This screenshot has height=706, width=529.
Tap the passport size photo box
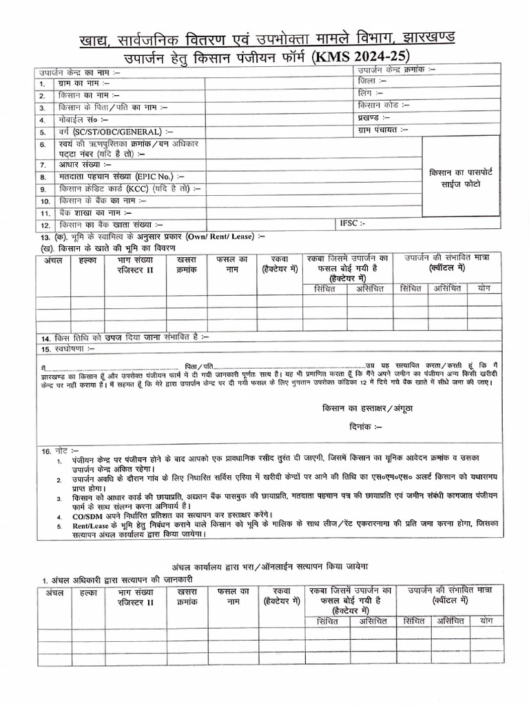(461, 177)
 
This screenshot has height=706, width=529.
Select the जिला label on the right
(373, 81)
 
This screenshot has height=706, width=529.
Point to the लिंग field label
(372, 93)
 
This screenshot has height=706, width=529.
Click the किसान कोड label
(384, 105)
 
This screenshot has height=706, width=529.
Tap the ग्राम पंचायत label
(383, 129)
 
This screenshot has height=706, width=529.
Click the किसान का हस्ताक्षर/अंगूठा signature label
(369, 408)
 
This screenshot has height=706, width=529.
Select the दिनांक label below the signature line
(369, 427)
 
